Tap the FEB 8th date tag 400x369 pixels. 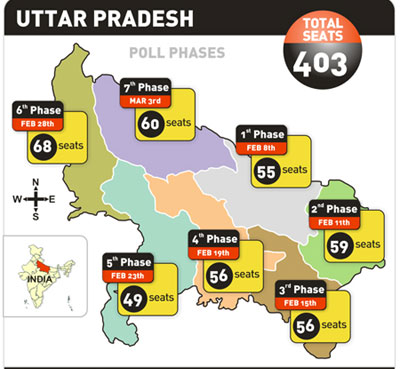click(x=264, y=146)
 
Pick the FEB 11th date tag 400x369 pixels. click(x=337, y=220)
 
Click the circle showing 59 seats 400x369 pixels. click(x=338, y=243)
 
